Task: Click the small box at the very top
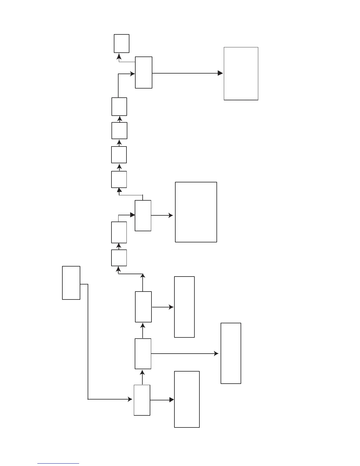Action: tap(121, 44)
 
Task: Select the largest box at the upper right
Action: tap(241, 74)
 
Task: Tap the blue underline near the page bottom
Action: tap(58, 463)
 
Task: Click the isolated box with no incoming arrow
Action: tap(71, 283)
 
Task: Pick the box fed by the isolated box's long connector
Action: tap(142, 400)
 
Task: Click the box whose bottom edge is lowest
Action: tap(187, 399)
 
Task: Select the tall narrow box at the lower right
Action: tap(231, 353)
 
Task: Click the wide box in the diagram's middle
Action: tap(196, 212)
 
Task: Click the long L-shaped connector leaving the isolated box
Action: tap(88, 341)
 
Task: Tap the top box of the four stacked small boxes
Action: tap(119, 106)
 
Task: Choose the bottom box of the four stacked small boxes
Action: tap(119, 179)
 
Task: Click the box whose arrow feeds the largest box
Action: tap(144, 72)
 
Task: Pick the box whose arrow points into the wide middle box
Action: tap(143, 216)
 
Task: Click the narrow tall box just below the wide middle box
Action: tap(184, 307)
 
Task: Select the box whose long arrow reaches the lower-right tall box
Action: tap(143, 354)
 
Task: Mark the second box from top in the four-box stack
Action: tap(119, 131)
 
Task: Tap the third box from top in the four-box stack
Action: tap(119, 155)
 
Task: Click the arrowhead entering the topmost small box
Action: tap(119, 56)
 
